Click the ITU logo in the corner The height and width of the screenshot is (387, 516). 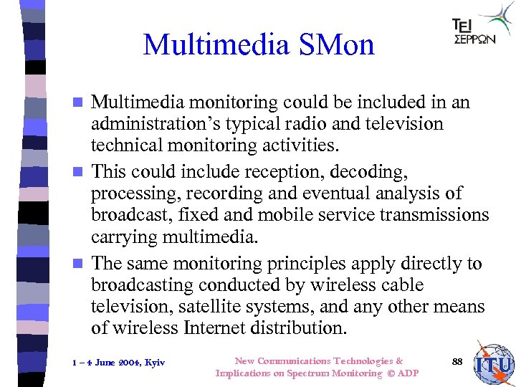[x=494, y=364]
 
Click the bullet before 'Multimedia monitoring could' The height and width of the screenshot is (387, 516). [x=82, y=102]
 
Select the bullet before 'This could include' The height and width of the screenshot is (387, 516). [x=82, y=173]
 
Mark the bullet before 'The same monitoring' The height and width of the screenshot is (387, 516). [x=82, y=264]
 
